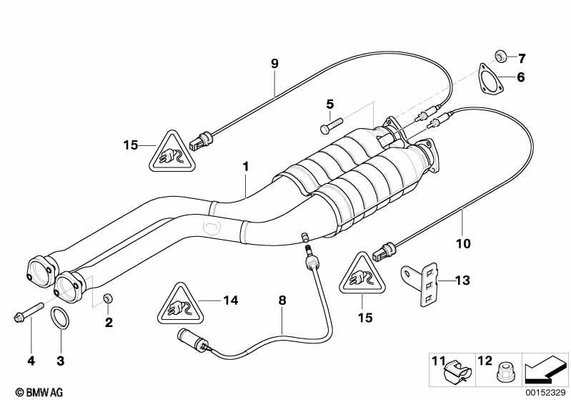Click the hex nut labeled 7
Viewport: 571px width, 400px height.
click(500, 57)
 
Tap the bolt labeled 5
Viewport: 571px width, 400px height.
click(332, 125)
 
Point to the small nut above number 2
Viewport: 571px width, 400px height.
click(107, 298)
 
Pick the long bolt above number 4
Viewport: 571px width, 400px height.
click(29, 311)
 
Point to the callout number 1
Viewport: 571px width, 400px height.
click(246, 167)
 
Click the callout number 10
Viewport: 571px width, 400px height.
click(463, 243)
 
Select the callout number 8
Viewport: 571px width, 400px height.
click(282, 301)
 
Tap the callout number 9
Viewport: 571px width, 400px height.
click(274, 64)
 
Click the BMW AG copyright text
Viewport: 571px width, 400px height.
click(39, 392)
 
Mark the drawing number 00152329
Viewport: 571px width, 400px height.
click(545, 392)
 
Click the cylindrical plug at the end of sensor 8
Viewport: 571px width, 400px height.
click(193, 340)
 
